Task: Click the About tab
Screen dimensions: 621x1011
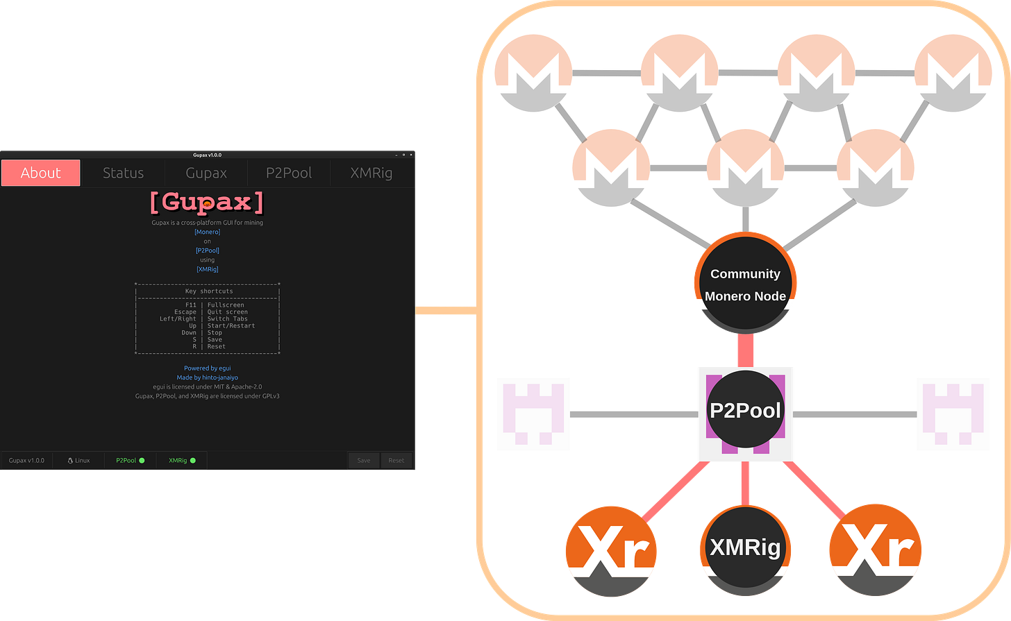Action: click(41, 173)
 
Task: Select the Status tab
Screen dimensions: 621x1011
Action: click(123, 173)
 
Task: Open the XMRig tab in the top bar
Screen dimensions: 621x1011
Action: click(371, 173)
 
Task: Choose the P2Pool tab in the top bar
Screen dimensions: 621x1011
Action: click(289, 173)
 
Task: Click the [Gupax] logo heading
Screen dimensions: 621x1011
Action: click(207, 202)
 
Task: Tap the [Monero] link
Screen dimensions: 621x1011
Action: click(207, 232)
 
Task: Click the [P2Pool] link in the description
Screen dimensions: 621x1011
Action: click(207, 250)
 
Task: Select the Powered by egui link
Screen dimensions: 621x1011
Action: click(207, 368)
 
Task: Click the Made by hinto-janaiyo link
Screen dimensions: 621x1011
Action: click(207, 377)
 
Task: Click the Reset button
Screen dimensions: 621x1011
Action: click(396, 460)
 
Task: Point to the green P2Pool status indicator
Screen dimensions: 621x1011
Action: click(142, 460)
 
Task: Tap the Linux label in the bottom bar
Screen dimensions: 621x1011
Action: click(78, 460)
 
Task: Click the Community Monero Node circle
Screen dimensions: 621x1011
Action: click(745, 284)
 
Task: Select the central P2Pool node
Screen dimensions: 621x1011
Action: click(745, 411)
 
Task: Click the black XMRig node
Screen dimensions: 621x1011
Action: click(745, 547)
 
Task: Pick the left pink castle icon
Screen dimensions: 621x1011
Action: click(534, 414)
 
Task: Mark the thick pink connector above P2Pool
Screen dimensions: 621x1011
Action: click(745, 350)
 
